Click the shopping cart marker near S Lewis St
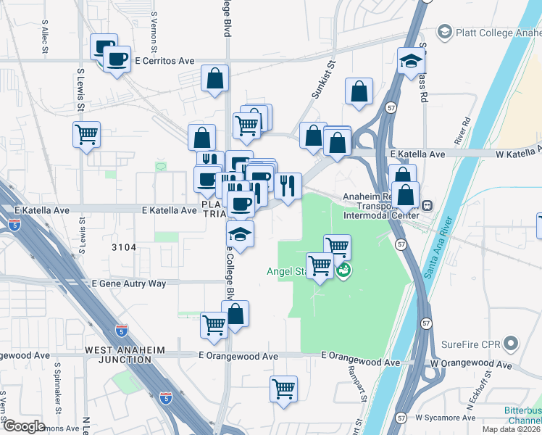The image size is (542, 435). pyautogui.click(x=86, y=134)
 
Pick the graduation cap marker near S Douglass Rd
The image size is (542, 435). pyautogui.click(x=411, y=62)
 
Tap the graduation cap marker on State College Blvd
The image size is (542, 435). pyautogui.click(x=241, y=234)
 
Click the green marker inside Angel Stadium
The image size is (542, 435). pyautogui.click(x=344, y=270)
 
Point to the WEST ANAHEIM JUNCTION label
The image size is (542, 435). pyautogui.click(x=125, y=350)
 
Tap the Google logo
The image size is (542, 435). pyautogui.click(x=24, y=426)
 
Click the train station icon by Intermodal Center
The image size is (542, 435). pyautogui.click(x=428, y=206)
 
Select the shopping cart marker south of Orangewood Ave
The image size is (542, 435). pyautogui.click(x=284, y=388)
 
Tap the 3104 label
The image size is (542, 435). pyautogui.click(x=124, y=247)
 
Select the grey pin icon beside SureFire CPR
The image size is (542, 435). pyautogui.click(x=512, y=343)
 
